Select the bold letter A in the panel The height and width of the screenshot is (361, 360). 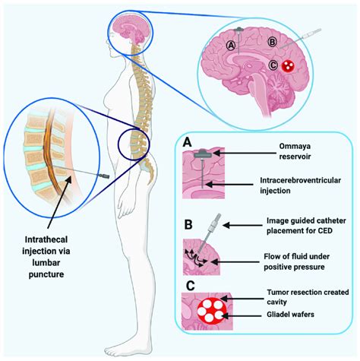click(188, 141)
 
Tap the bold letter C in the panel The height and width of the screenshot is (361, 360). click(188, 284)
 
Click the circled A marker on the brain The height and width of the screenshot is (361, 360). click(232, 44)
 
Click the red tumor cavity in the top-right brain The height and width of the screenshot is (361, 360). click(289, 67)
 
